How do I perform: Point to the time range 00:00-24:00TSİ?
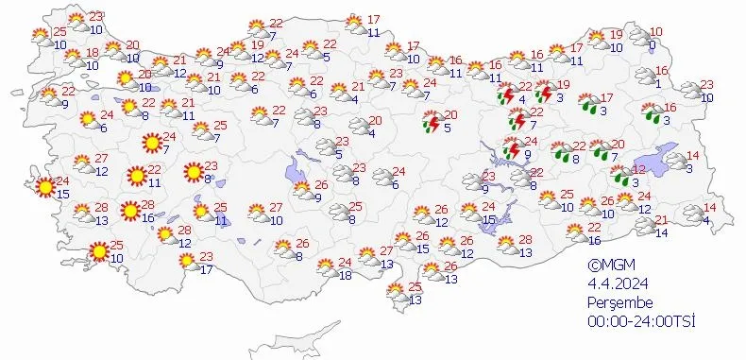pos(641,322)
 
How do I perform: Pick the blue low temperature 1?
pos(657,84)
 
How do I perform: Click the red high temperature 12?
pos(638,169)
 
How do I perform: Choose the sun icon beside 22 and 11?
pos(137,175)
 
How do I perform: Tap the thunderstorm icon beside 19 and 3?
pos(545,93)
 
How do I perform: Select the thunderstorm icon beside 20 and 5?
pos(433,122)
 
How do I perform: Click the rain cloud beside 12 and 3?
pos(619,173)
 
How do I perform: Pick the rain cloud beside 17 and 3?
pos(588,102)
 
